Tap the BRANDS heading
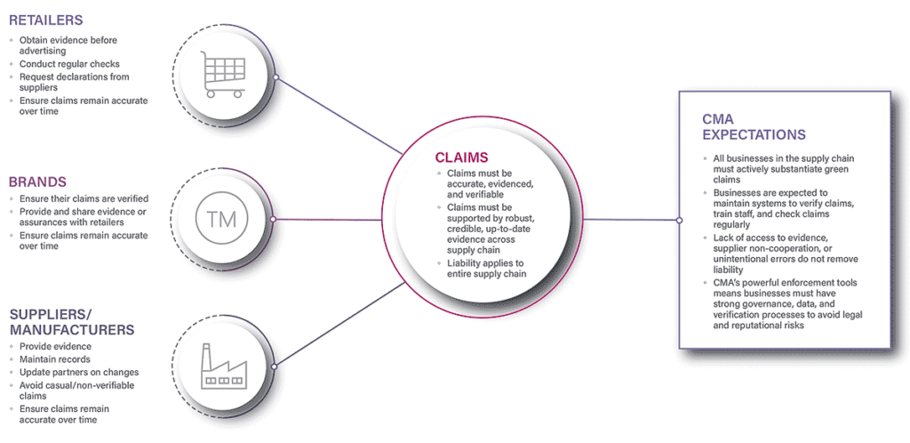tap(38, 181)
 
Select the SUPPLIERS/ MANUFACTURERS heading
tap(71, 321)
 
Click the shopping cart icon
tap(221, 74)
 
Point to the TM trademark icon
tap(221, 219)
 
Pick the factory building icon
tap(222, 365)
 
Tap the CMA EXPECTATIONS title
tap(753, 126)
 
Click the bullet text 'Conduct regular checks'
tap(69, 63)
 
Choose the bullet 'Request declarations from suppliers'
tap(75, 82)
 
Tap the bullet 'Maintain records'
tap(55, 359)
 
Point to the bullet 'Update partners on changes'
tap(79, 372)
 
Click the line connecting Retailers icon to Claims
tap(338, 114)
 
